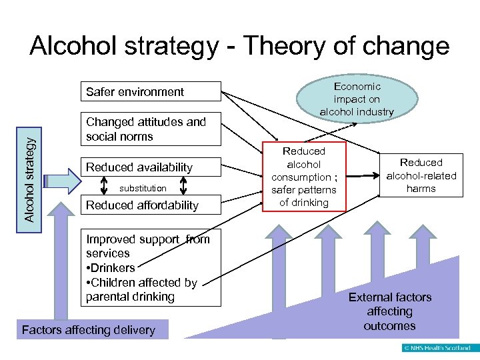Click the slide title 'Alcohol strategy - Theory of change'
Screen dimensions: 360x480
pos(239,47)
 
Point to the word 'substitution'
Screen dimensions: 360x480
pos(143,188)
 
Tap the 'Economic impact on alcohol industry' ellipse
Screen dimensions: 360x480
pos(357,99)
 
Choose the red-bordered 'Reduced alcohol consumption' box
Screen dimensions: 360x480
pos(304,177)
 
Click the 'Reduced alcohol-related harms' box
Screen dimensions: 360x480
pos(421,175)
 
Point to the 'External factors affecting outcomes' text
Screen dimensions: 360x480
pos(390,311)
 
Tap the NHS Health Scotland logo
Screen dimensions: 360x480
pos(437,348)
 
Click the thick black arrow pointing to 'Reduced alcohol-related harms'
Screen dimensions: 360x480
pos(363,177)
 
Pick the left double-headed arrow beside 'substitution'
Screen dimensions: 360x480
pos(103,188)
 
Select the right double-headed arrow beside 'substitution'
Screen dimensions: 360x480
pos(182,188)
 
